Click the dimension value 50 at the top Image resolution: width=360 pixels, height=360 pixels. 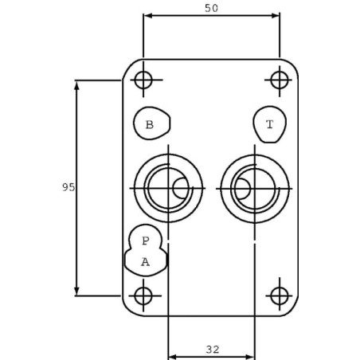[x=211, y=8]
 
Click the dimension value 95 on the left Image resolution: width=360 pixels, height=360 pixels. [x=68, y=187]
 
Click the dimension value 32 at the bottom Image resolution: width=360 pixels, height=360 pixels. [x=213, y=350]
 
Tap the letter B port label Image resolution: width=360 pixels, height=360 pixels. [x=150, y=124]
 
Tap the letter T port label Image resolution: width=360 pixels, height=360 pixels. [x=269, y=124]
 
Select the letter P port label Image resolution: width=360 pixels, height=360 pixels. [x=146, y=241]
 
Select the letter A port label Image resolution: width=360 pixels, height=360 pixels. [x=145, y=262]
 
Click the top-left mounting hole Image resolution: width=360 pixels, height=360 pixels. [x=143, y=80]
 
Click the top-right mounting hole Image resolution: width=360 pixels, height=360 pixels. [x=280, y=80]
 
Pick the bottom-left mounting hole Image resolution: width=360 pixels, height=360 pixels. [x=143, y=295]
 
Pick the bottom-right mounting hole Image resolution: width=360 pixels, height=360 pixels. [x=280, y=295]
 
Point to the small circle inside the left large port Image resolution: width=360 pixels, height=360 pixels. [x=181, y=188]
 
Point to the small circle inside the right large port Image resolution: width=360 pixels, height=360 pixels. [x=242, y=189]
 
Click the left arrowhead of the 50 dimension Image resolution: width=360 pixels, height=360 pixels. [x=147, y=16]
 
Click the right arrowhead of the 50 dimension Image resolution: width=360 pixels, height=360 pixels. [x=275, y=16]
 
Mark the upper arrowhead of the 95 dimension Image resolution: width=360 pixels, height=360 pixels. [x=77, y=85]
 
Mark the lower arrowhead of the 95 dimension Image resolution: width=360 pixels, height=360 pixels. [x=77, y=291]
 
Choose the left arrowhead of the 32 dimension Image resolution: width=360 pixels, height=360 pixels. [x=173, y=357]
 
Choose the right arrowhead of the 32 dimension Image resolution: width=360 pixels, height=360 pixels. [x=250, y=357]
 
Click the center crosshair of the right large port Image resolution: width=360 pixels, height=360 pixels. [x=255, y=189]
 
